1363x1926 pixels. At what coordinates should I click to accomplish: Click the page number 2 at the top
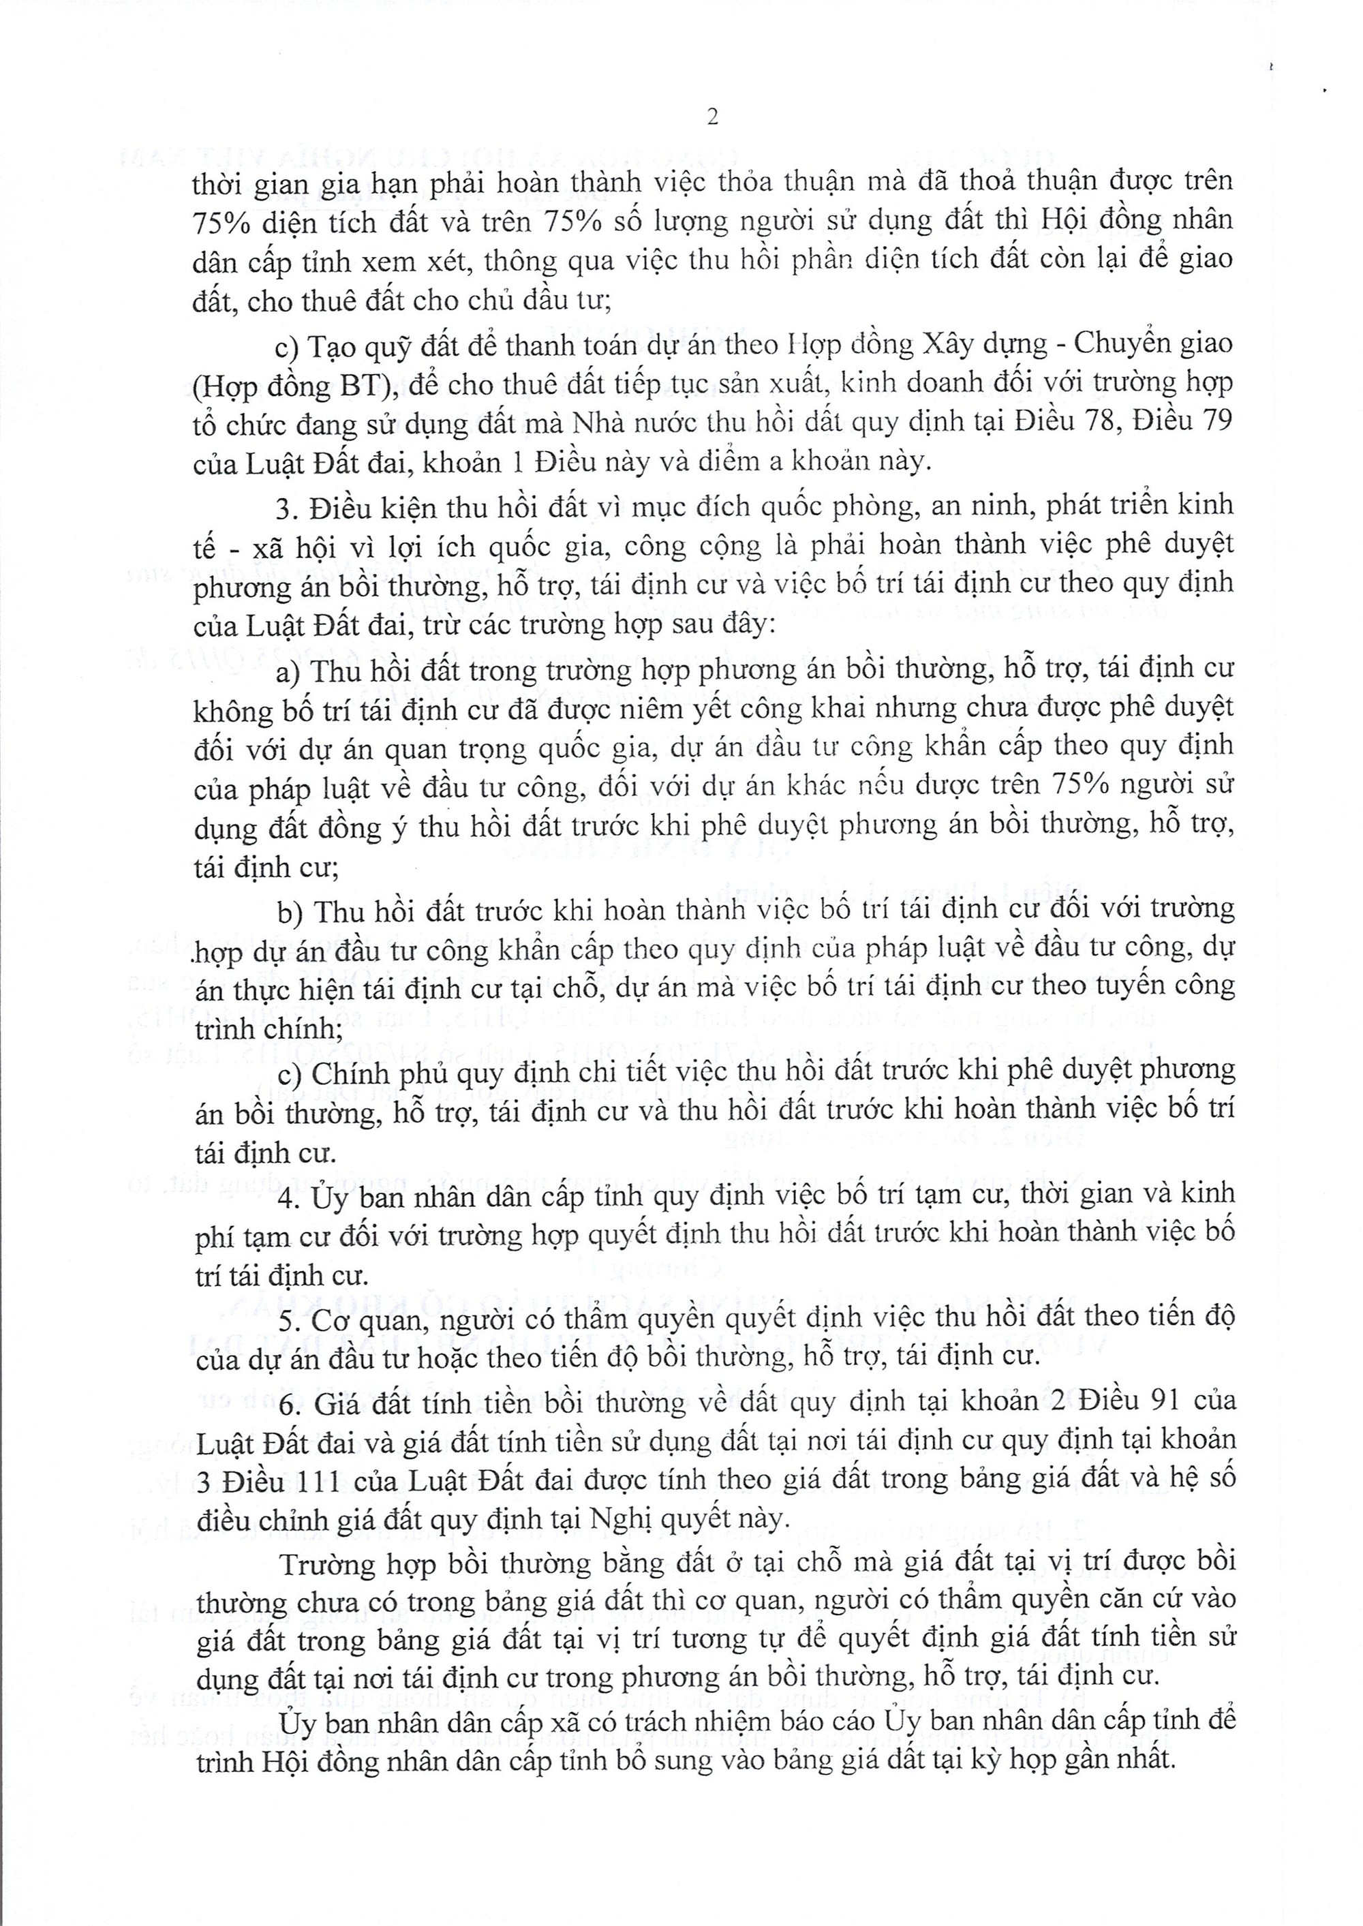(x=713, y=119)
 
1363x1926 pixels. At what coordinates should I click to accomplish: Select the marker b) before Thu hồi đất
(x=290, y=908)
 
